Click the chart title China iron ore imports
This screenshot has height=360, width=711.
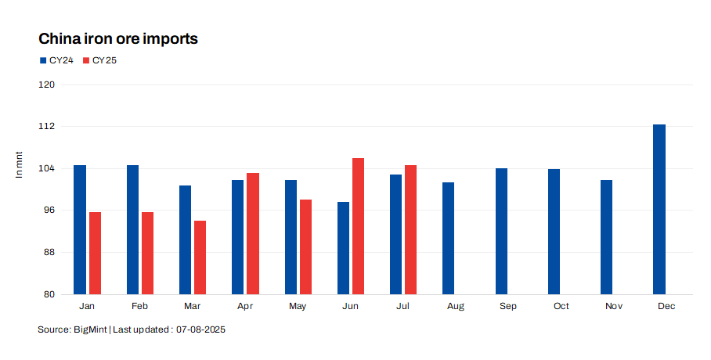[x=117, y=38]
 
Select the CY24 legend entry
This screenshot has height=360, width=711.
[x=56, y=59]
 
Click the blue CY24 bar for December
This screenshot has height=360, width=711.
[x=659, y=209]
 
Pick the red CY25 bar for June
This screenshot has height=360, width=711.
[x=358, y=226]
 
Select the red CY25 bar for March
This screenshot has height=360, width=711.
[x=200, y=257]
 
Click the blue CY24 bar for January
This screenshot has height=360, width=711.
[x=80, y=229]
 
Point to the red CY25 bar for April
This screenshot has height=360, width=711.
[x=253, y=233]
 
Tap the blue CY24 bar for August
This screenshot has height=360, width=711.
[x=448, y=238]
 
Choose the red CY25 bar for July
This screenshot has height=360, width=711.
[x=410, y=229]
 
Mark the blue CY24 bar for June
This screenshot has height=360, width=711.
[x=343, y=248]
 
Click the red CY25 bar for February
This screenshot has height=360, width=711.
[x=147, y=253]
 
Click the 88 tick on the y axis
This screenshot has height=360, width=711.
[x=49, y=252]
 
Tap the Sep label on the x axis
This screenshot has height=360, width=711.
[x=508, y=306]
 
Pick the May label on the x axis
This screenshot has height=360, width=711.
[x=298, y=306]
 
